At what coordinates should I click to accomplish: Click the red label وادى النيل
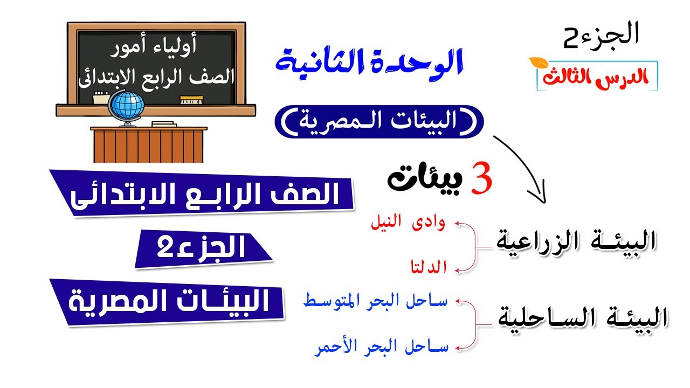[x=408, y=223]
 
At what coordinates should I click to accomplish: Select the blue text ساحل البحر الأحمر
[x=381, y=348]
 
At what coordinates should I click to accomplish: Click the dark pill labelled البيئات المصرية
[x=379, y=121]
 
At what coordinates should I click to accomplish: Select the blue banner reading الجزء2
[x=203, y=248]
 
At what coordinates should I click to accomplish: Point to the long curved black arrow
[x=525, y=165]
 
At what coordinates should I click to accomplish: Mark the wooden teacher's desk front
[x=148, y=145]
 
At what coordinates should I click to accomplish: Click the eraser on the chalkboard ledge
[x=191, y=99]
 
